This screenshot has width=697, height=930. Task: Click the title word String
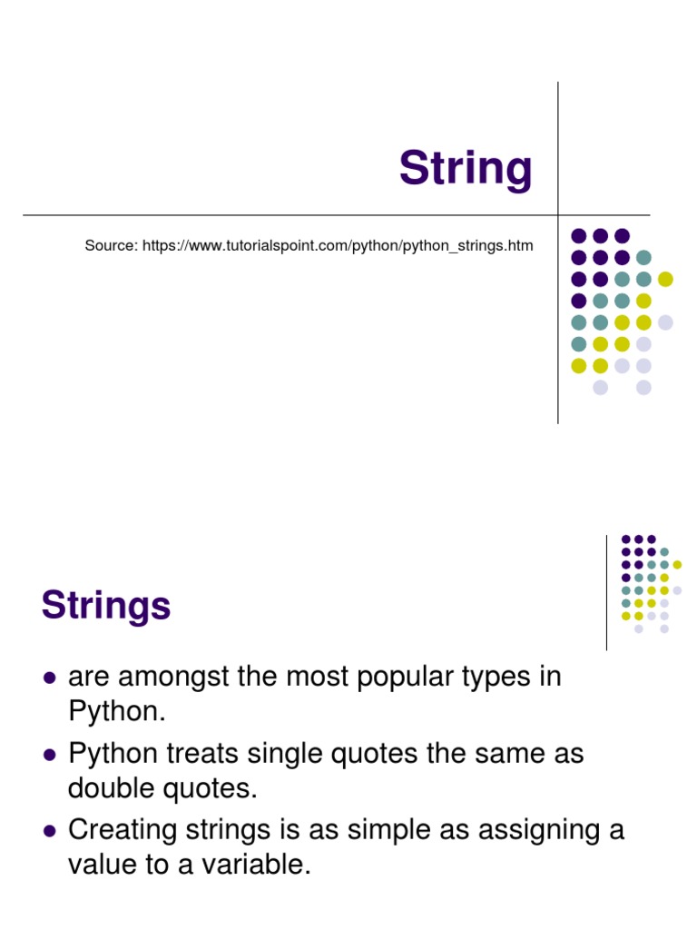[466, 169]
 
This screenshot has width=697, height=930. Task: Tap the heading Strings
[106, 605]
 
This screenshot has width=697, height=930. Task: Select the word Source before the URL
[111, 245]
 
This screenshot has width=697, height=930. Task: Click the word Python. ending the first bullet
[117, 712]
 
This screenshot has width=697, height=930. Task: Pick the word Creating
[124, 830]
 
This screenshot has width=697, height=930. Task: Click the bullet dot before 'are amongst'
[50, 678]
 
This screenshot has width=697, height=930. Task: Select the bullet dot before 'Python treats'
[50, 755]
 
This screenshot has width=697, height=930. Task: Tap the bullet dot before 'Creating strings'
[50, 831]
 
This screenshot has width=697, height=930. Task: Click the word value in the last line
[103, 866]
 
